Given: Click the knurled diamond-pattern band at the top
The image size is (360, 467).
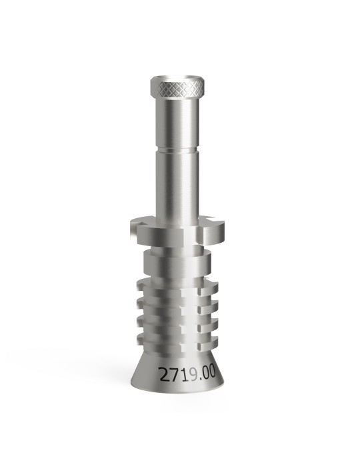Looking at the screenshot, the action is (177, 89).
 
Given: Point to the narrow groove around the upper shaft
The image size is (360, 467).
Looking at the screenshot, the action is (177, 149).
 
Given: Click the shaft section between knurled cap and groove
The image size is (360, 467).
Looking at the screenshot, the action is (177, 122).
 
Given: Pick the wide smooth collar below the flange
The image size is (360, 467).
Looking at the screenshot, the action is (177, 264).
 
